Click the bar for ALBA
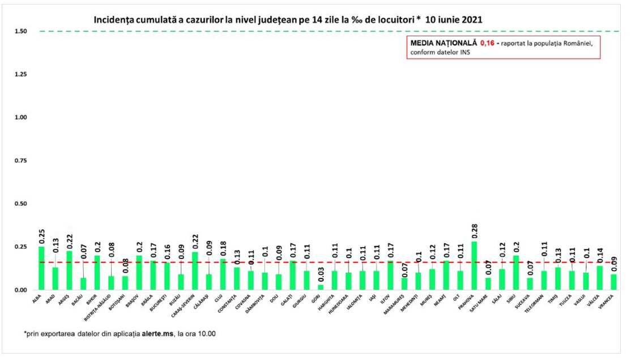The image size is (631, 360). [41, 268]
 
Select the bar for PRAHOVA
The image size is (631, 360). [474, 265]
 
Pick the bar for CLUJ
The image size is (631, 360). [223, 274]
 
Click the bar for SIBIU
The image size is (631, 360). [516, 273]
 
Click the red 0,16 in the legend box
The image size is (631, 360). [487, 43]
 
